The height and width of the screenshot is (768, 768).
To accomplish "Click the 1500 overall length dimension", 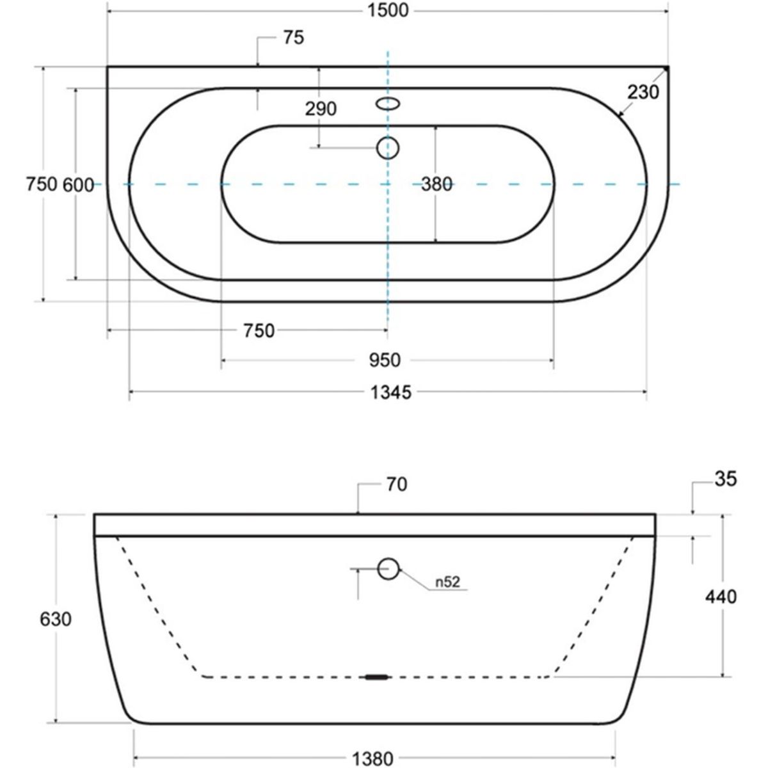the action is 388,11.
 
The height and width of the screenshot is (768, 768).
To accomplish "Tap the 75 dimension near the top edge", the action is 294,38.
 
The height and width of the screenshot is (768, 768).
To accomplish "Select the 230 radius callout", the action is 643,92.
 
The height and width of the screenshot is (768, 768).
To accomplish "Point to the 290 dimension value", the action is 321,109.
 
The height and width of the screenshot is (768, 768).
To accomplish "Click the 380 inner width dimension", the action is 437,184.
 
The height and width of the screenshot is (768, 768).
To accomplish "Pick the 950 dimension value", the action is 385,360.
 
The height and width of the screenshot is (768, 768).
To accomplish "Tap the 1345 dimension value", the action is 390,393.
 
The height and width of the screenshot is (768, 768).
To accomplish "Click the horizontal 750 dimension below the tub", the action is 259,331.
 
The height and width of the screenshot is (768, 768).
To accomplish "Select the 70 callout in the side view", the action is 397,485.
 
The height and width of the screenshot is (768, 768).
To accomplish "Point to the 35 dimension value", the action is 726,479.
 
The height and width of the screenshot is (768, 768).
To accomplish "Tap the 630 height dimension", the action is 56,620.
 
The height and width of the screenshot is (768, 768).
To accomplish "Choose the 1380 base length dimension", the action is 372,759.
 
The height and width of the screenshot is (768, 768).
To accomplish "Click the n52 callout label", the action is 447,582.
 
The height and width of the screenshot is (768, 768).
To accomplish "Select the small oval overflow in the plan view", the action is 388,104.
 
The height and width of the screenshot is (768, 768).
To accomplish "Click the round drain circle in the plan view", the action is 388,148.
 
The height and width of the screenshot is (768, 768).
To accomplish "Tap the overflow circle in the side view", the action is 388,569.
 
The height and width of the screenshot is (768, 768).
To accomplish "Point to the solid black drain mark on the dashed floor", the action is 376,676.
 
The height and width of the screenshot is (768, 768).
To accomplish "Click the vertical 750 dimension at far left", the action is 42,184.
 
